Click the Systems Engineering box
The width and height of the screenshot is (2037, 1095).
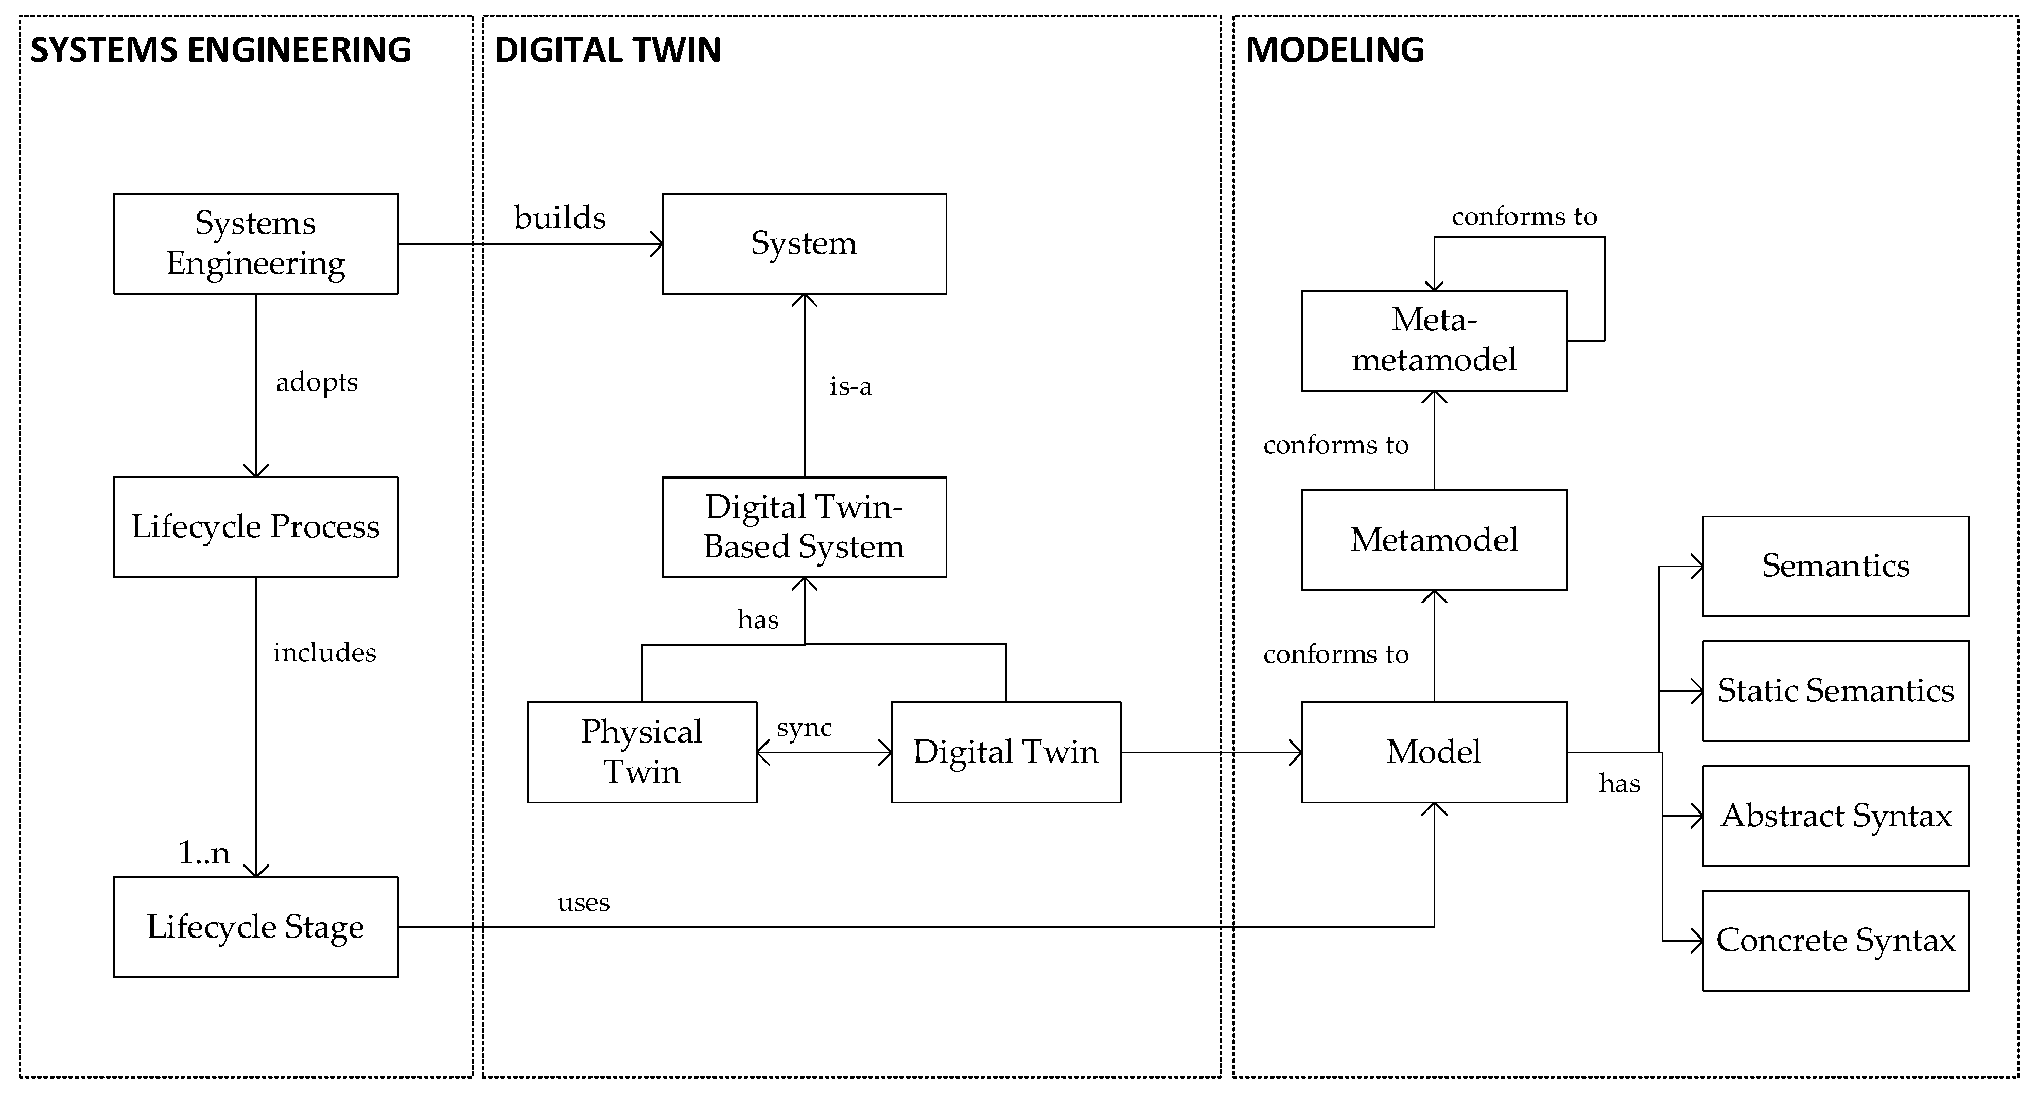pos(255,243)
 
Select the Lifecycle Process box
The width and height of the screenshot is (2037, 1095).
pos(255,526)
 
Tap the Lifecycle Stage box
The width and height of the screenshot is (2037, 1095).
pos(255,927)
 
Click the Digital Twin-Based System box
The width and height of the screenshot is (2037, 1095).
pos(804,526)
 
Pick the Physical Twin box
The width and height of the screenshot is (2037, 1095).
pos(641,752)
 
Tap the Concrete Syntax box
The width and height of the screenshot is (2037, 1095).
pos(1835,940)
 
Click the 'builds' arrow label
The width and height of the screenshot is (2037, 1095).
pos(560,218)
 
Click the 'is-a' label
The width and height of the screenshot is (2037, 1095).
pos(850,386)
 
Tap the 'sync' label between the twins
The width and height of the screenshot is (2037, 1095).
pos(804,728)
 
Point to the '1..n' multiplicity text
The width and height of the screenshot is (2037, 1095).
pos(204,852)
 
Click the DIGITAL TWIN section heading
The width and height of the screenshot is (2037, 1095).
pos(607,50)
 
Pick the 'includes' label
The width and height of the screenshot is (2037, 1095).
pos(324,653)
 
